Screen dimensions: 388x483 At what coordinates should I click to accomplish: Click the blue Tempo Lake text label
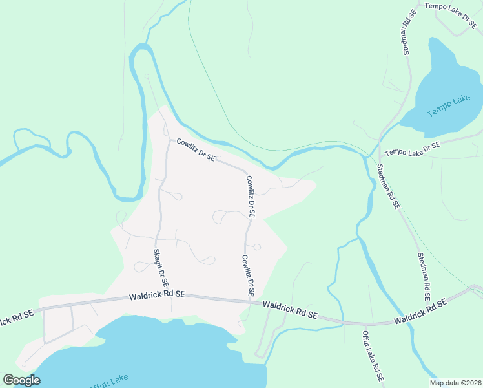449,106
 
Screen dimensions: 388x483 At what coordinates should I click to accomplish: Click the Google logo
21,380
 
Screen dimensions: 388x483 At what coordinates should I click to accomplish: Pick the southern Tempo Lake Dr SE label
412,149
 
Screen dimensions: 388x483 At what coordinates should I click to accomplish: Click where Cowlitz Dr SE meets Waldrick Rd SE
249,299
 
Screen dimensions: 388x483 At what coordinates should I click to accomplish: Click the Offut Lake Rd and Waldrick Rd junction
365,323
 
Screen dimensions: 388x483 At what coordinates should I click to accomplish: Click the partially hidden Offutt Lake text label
110,381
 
